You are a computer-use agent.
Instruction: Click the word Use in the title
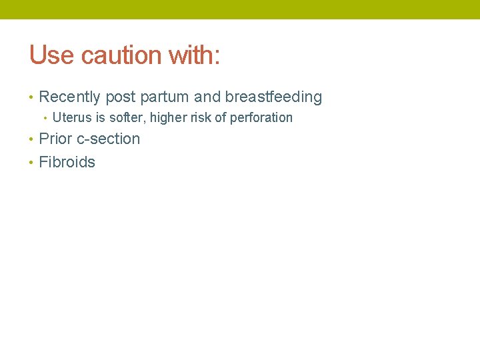pyautogui.click(x=51, y=55)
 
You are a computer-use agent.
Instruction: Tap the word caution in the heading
pyautogui.click(x=121, y=55)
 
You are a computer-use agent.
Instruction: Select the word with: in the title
pyautogui.click(x=194, y=55)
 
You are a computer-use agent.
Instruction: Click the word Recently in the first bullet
pyautogui.click(x=69, y=97)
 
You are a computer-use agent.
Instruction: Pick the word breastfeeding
pyautogui.click(x=273, y=97)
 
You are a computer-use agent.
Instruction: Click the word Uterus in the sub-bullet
pyautogui.click(x=73, y=118)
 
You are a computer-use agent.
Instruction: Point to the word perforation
pyautogui.click(x=261, y=118)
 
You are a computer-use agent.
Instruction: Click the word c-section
pyautogui.click(x=107, y=139)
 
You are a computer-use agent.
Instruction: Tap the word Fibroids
pyautogui.click(x=67, y=162)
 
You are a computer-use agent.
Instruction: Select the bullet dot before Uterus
pyautogui.click(x=45, y=119)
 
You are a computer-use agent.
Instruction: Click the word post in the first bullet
pyautogui.click(x=120, y=97)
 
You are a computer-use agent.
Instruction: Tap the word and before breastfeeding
pyautogui.click(x=207, y=97)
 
